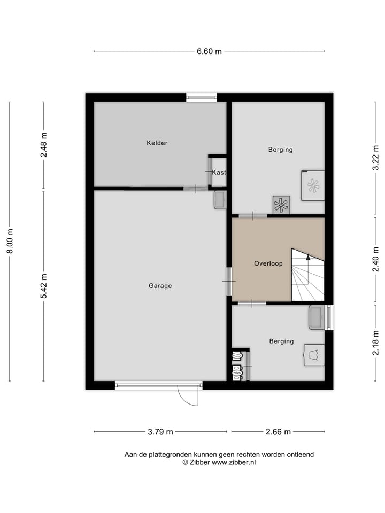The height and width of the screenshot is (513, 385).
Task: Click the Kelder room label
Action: tap(157, 143)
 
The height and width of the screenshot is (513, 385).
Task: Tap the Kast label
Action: tap(219, 172)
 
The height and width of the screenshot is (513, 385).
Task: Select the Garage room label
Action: tap(160, 286)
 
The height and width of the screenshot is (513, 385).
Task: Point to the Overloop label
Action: tap(268, 263)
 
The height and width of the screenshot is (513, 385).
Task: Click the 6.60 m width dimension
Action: tap(209, 51)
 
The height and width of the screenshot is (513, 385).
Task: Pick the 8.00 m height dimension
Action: tap(10, 242)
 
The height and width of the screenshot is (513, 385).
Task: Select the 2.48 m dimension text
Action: tap(44, 144)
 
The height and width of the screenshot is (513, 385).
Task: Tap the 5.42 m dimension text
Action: tap(44, 286)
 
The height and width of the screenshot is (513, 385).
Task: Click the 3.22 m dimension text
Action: tap(376, 158)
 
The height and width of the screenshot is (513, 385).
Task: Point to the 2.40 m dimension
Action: tap(376, 260)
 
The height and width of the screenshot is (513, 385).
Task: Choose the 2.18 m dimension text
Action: tap(376, 343)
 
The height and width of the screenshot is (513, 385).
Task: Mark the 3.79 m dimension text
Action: tap(160, 432)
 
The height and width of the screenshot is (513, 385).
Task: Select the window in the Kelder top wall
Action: tap(202, 97)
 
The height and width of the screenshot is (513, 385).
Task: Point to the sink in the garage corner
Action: tap(220, 200)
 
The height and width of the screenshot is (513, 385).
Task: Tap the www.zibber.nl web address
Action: tap(234, 462)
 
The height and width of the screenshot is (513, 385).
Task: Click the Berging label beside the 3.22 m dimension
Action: tap(280, 150)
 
